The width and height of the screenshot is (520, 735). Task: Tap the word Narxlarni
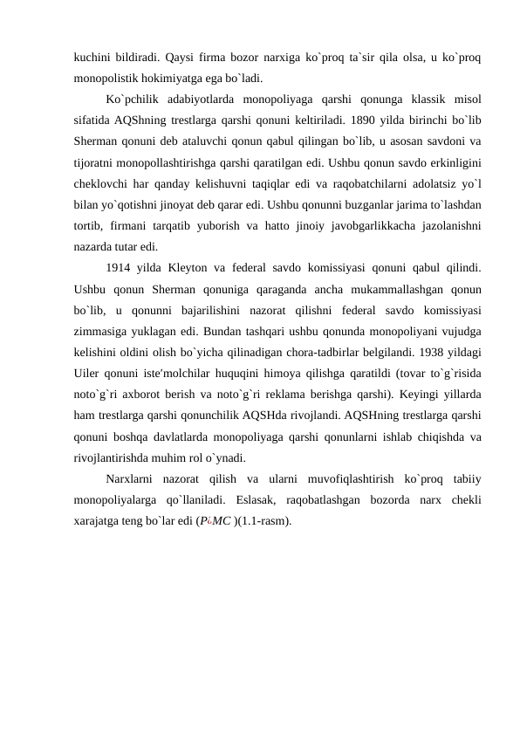coord(133,479)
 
